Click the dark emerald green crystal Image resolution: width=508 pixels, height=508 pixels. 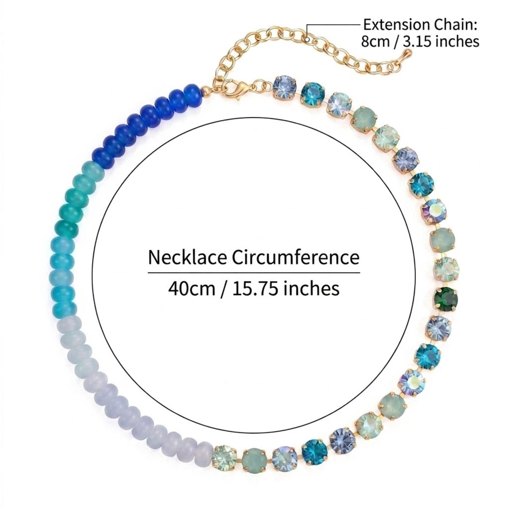446,299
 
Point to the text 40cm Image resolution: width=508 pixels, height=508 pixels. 192,289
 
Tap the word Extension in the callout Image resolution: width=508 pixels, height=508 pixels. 397,25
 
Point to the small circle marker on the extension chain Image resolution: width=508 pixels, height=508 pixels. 307,39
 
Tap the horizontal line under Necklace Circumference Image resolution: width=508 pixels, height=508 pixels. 254,272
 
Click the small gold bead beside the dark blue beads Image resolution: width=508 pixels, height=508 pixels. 206,92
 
